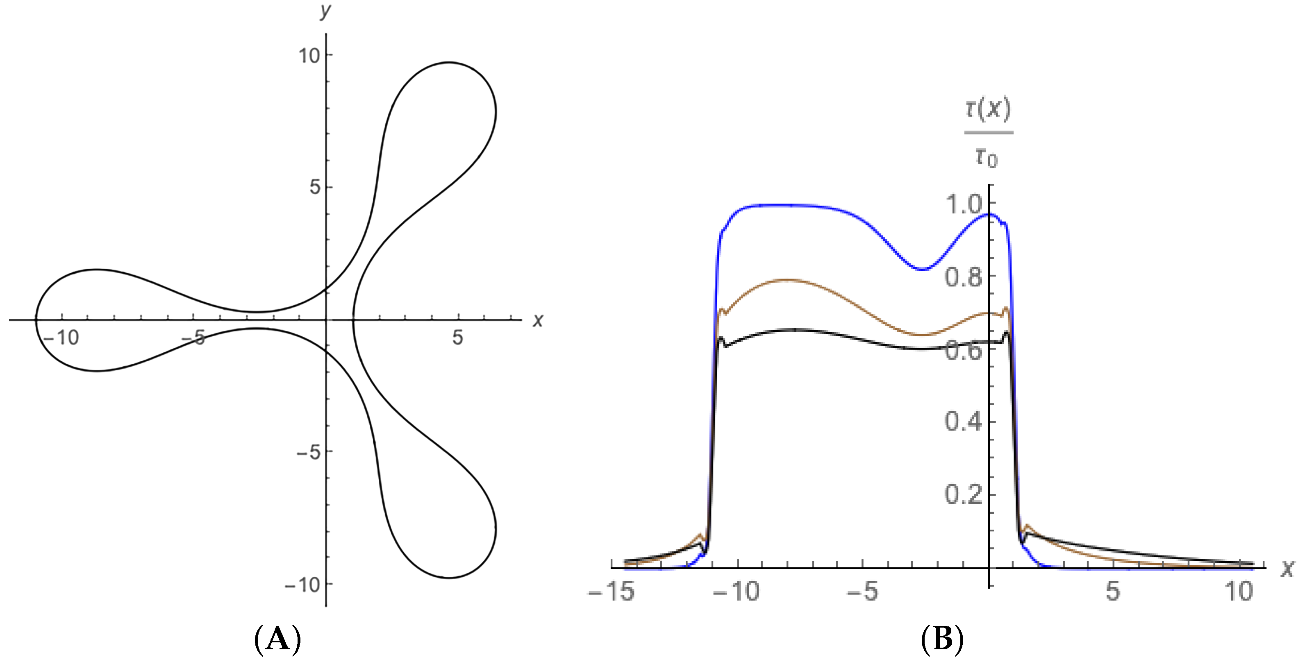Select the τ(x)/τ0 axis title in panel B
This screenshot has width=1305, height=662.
click(x=988, y=133)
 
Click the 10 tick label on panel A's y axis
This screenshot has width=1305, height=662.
click(x=309, y=55)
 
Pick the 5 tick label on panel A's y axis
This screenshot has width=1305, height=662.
click(x=315, y=187)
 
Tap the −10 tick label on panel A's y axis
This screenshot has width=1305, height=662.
click(x=302, y=585)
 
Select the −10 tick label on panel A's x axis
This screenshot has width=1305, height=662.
click(x=61, y=337)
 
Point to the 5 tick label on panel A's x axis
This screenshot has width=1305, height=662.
click(x=457, y=337)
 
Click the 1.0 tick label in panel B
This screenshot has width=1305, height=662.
click(x=964, y=205)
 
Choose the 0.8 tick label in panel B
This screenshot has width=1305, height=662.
click(x=964, y=278)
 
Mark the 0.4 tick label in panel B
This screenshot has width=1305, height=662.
click(x=964, y=422)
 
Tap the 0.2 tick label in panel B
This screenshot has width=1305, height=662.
click(x=964, y=494)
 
